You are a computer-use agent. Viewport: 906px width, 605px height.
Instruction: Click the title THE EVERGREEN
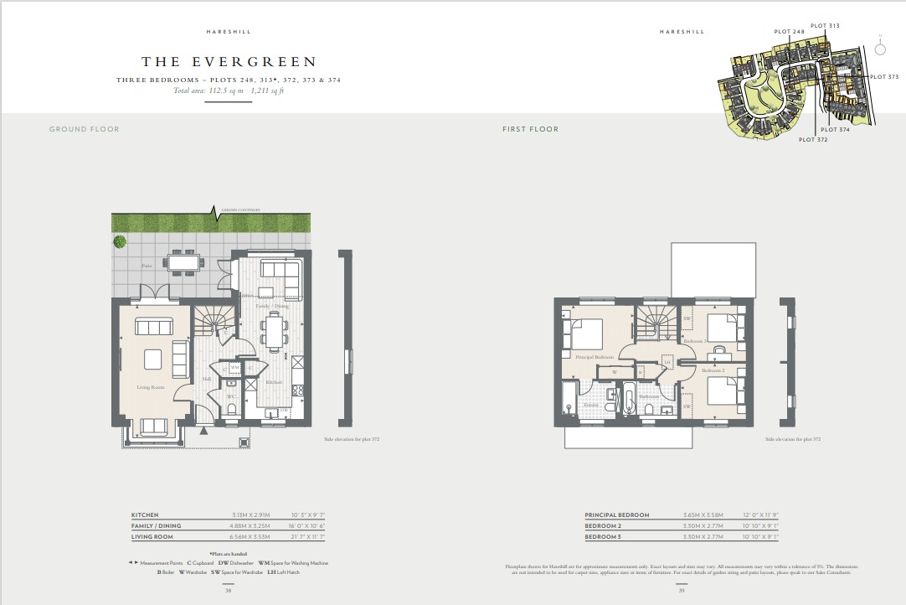point(229,61)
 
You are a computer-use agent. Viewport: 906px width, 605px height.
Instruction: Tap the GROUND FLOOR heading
point(84,129)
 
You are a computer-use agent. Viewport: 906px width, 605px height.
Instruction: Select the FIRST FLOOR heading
point(530,129)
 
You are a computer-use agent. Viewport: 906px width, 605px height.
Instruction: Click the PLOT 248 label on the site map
point(789,32)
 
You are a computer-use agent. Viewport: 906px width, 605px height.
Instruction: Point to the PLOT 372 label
point(813,140)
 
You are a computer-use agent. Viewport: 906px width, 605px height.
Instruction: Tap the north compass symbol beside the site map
point(880,49)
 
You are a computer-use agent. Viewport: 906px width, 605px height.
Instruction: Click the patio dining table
point(184,262)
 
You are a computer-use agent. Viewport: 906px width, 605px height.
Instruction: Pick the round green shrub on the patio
point(121,242)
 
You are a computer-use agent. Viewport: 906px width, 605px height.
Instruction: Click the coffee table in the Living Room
point(154,359)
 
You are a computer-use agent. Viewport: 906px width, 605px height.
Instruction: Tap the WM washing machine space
point(235,367)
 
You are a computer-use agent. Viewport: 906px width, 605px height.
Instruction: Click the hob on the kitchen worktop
point(296,389)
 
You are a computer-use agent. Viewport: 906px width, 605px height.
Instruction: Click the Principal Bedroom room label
point(594,357)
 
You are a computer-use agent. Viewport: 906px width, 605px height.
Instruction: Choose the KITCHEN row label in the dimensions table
point(145,515)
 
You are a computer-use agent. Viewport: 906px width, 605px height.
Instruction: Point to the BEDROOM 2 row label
point(603,526)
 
